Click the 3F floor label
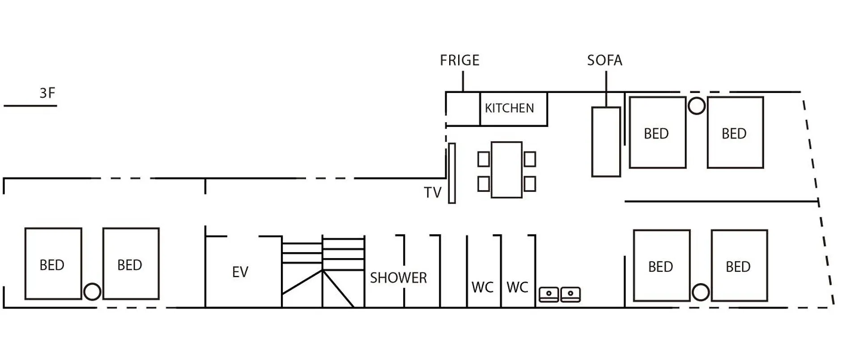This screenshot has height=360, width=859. [x=47, y=93]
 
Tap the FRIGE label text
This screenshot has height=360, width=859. [x=459, y=60]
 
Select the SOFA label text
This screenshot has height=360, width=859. [x=604, y=60]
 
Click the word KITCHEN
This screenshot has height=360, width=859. [x=509, y=108]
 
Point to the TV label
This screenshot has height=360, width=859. [x=433, y=193]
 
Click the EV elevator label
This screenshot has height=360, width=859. [x=240, y=272]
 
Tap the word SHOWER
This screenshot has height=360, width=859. [x=398, y=278]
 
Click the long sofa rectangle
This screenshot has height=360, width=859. [x=606, y=142]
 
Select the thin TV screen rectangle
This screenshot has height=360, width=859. [x=452, y=174]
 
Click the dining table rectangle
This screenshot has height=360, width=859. [x=506, y=170]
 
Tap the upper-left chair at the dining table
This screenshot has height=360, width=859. [x=484, y=159]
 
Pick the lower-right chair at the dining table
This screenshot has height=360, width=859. [x=530, y=184]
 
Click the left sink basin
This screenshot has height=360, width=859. [x=549, y=294]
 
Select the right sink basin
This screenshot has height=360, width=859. [x=570, y=294]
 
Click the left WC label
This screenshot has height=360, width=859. [x=482, y=288]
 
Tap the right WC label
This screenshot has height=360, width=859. [x=517, y=288]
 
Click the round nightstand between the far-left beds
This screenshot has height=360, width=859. [x=92, y=292]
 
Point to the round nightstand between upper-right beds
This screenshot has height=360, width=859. [x=696, y=106]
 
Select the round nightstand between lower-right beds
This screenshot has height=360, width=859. [x=701, y=292]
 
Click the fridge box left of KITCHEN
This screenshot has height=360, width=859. [x=463, y=109]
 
